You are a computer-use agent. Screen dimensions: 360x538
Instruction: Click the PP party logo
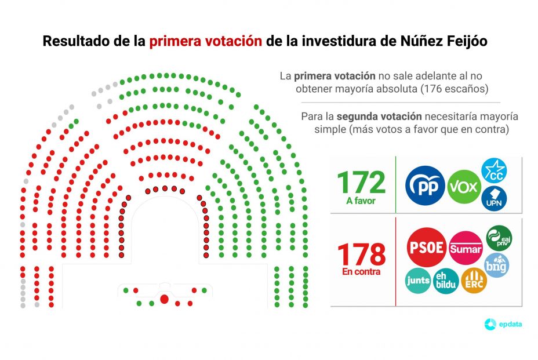pyautogui.click(x=425, y=186)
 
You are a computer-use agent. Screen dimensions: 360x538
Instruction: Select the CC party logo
pyautogui.click(x=495, y=170)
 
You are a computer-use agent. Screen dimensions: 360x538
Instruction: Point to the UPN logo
pyautogui.click(x=494, y=198)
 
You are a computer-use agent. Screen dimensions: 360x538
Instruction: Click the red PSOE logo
pyautogui.click(x=427, y=247)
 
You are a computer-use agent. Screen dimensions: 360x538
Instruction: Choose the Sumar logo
pyautogui.click(x=466, y=248)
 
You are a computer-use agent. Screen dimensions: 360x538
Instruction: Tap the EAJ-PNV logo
pyautogui.click(x=498, y=238)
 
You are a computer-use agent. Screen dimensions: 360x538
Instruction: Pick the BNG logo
pyautogui.click(x=497, y=264)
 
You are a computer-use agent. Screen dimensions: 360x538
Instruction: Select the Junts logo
pyautogui.click(x=418, y=281)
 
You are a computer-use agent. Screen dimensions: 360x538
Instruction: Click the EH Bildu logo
pyautogui.click(x=446, y=281)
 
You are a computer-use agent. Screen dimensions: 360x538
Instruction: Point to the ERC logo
pyautogui.click(x=474, y=281)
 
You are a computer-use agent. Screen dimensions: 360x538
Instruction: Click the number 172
pyautogui.click(x=361, y=183)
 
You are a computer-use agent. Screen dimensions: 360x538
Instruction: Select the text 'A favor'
pyautogui.click(x=361, y=202)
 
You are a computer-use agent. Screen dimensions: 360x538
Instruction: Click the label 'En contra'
pyautogui.click(x=361, y=271)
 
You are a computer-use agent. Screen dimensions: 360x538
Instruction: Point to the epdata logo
pyautogui.click(x=503, y=324)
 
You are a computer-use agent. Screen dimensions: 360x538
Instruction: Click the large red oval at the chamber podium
pyautogui.click(x=163, y=299)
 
